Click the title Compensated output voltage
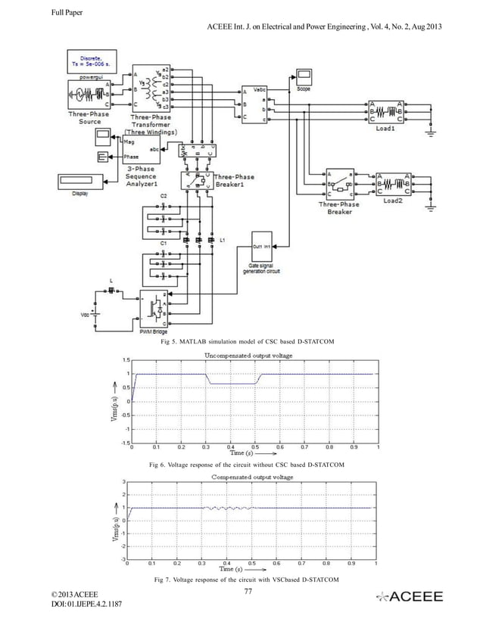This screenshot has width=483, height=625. tap(252, 477)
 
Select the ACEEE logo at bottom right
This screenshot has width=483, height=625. tap(413, 598)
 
